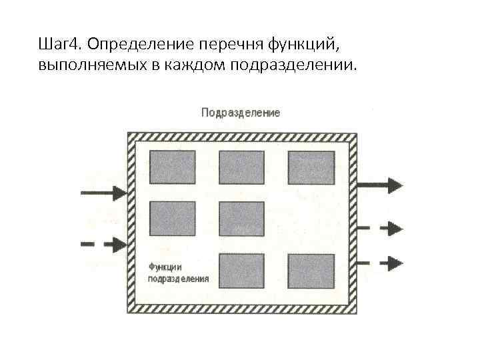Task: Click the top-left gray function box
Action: tap(172, 167)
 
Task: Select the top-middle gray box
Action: tap(241, 167)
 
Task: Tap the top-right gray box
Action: tap(311, 167)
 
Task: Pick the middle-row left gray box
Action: tap(172, 218)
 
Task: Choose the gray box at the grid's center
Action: tap(241, 218)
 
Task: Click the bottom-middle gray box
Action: tap(241, 271)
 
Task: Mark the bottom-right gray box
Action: tap(311, 271)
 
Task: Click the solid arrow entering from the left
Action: tap(103, 193)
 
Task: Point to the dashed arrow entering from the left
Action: tap(103, 244)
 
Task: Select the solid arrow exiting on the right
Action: tap(381, 184)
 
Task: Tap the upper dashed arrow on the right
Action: tap(381, 228)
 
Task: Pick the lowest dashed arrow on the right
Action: tap(381, 261)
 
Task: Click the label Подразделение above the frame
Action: tap(241, 113)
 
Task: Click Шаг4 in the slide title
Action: tap(60, 45)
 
